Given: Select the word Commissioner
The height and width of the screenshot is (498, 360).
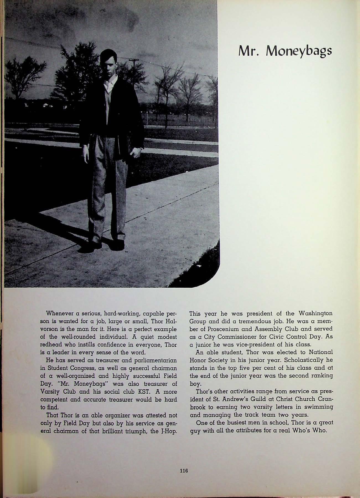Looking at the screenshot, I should pyautogui.click(x=237, y=337).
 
